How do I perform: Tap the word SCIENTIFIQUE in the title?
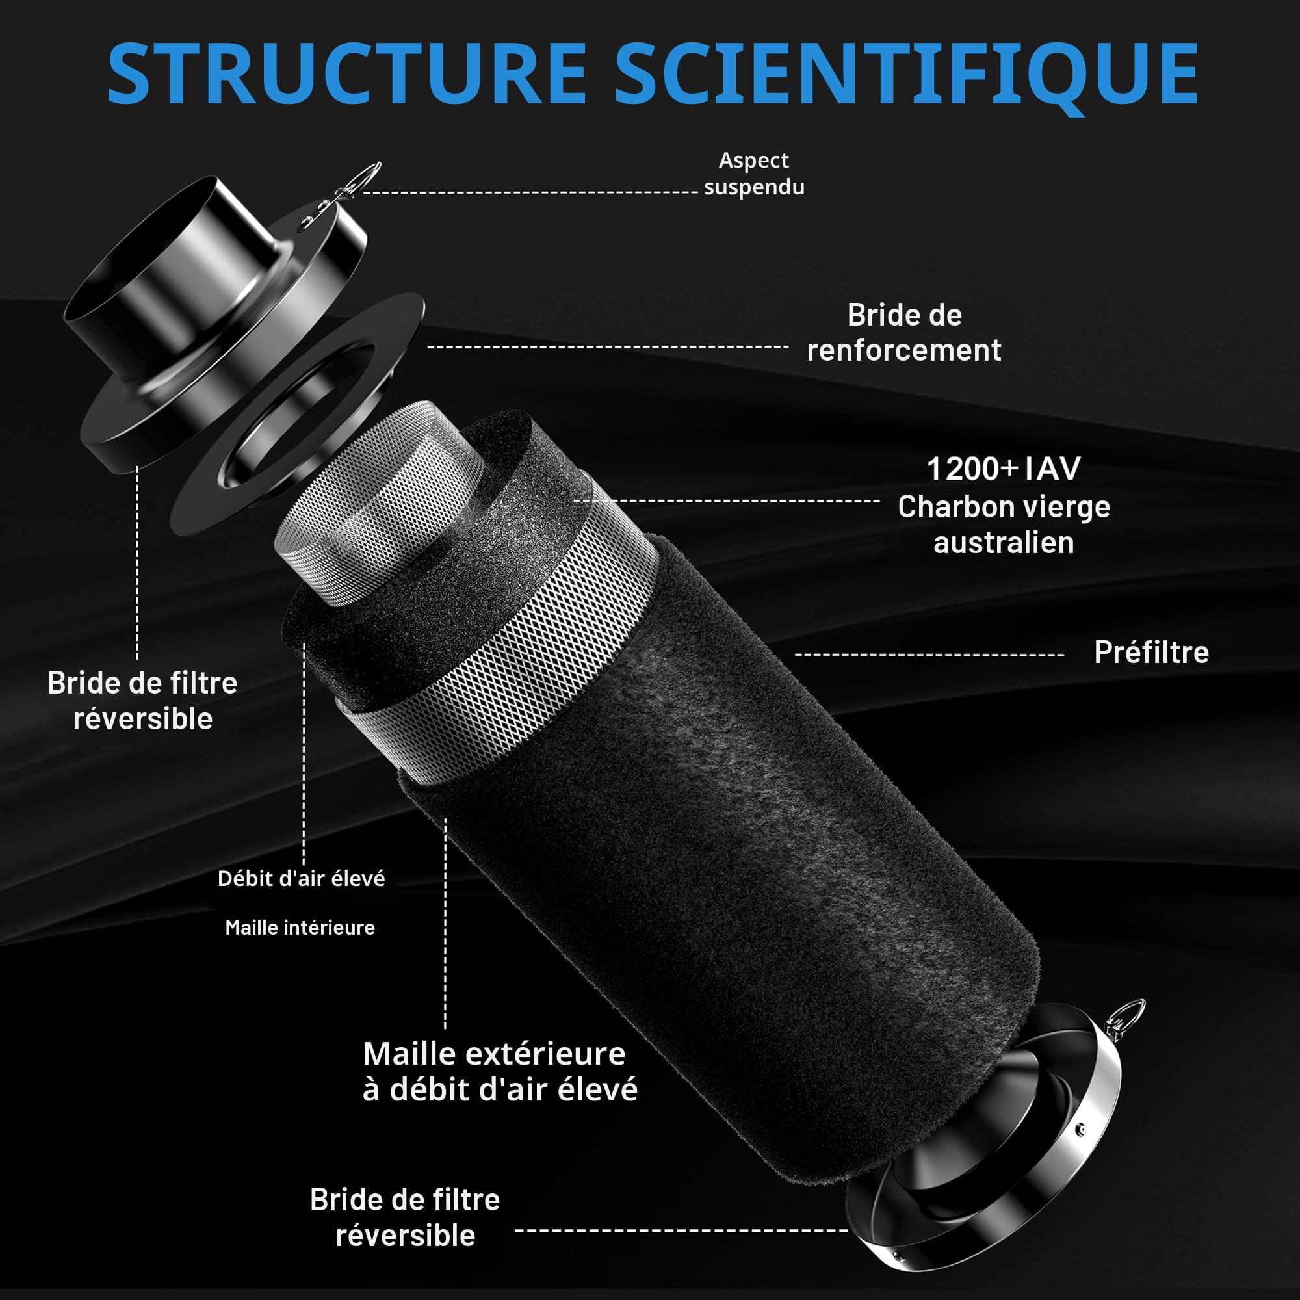tap(905, 77)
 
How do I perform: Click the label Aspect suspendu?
tap(753, 174)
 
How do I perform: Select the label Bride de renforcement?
tap(904, 332)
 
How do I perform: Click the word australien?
tap(1003, 543)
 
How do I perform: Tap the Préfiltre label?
tap(1151, 652)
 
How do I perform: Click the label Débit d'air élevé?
tap(302, 879)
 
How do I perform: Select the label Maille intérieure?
tap(300, 928)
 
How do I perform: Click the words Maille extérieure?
tap(494, 1054)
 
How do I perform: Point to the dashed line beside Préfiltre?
tap(929, 654)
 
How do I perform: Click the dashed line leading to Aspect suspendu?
tap(530, 192)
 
